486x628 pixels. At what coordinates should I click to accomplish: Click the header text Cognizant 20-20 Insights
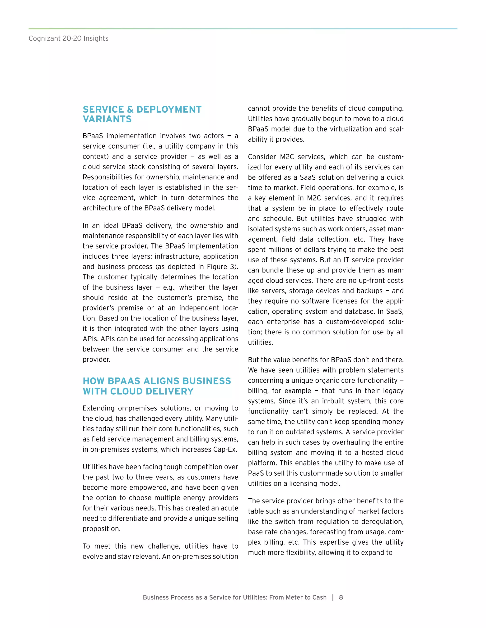tap(68, 39)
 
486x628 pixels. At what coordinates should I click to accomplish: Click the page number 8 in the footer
tap(341, 597)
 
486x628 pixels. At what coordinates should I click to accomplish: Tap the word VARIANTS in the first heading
tap(107, 119)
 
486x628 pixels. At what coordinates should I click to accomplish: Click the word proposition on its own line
tap(101, 528)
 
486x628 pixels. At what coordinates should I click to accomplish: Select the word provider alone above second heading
tap(96, 360)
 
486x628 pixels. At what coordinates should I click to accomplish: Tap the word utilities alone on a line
tap(260, 342)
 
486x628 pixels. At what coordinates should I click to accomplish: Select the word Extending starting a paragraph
tap(99, 408)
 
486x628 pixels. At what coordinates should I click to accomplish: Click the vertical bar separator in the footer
tap(333, 597)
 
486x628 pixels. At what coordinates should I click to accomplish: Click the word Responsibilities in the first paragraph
tap(107, 177)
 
